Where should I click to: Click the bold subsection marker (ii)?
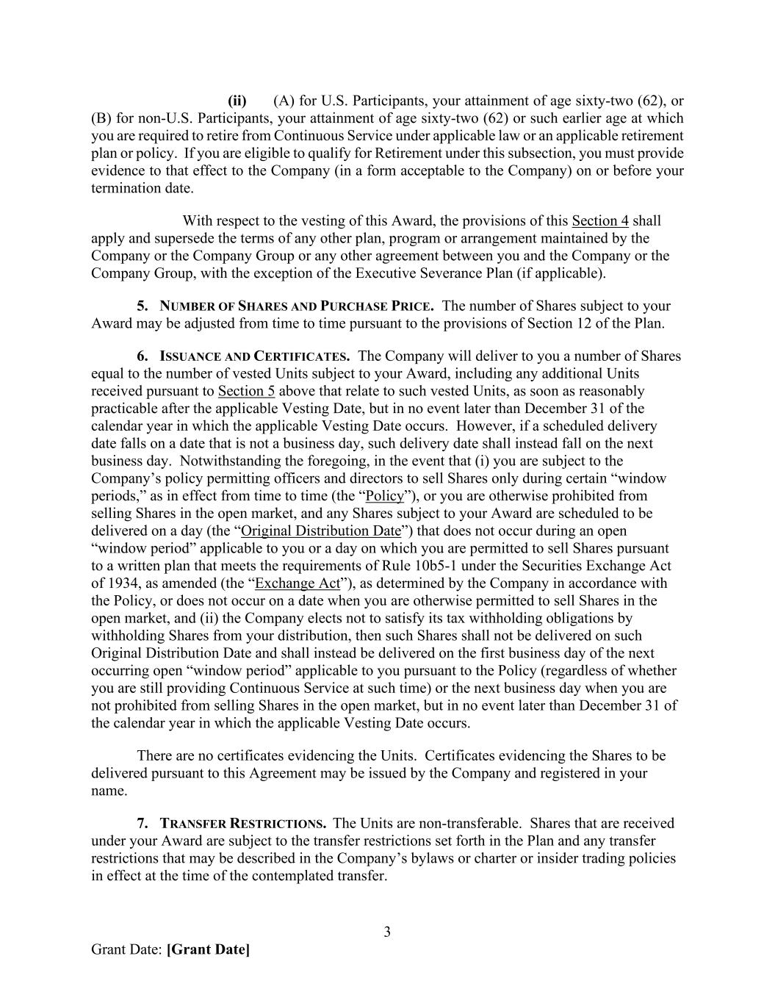point(237,101)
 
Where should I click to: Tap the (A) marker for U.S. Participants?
point(284,101)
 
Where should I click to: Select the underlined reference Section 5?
point(246,391)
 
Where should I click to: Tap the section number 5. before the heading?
point(143,306)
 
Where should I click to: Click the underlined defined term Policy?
point(385,496)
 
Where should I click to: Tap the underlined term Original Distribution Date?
point(321,531)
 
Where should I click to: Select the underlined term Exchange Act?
point(298,583)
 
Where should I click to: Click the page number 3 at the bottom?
point(387,932)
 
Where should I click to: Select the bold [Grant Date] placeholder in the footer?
point(209,949)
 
